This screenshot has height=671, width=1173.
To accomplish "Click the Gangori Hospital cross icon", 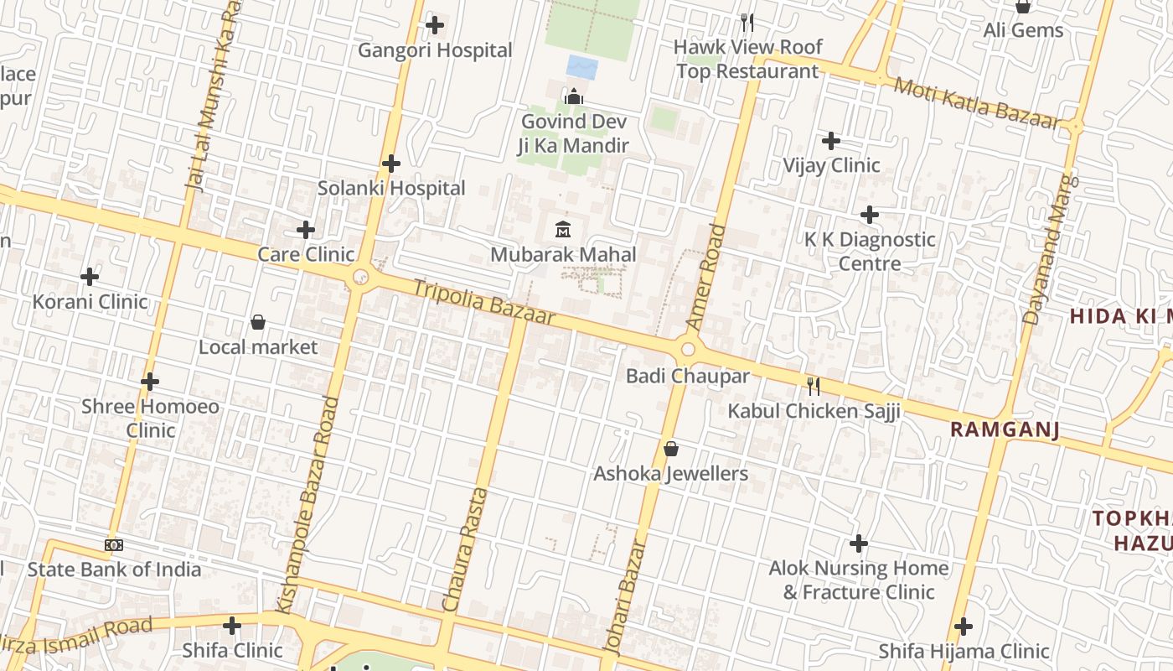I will [x=434, y=25].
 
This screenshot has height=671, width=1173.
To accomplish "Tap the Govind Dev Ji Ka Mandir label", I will [x=574, y=133].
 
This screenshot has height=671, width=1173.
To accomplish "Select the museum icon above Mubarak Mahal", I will [x=563, y=228].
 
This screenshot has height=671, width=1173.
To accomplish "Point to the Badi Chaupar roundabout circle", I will [x=689, y=349].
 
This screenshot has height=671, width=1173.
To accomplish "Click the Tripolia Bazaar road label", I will [x=483, y=301].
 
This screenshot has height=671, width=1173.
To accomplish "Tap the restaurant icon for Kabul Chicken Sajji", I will [x=813, y=386].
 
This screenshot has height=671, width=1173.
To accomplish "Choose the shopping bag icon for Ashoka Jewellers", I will [x=670, y=449].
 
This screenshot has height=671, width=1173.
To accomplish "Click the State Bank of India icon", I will [x=114, y=545].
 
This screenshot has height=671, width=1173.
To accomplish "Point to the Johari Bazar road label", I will [x=626, y=596].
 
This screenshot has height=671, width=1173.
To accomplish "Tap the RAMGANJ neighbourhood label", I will [x=1005, y=430].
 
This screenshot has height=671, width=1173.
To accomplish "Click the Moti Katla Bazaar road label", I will [x=977, y=103].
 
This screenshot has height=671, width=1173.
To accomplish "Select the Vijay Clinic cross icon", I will [x=830, y=140].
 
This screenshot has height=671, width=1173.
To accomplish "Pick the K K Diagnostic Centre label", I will [x=870, y=251].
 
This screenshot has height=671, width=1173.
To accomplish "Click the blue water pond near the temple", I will [x=582, y=67].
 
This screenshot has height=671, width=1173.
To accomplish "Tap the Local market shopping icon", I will [x=258, y=322].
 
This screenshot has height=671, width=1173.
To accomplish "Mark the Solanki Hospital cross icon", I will [x=390, y=163].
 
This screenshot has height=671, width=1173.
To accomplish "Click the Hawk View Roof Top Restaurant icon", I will [x=747, y=22].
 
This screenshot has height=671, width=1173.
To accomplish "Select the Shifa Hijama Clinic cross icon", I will [x=964, y=627].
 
